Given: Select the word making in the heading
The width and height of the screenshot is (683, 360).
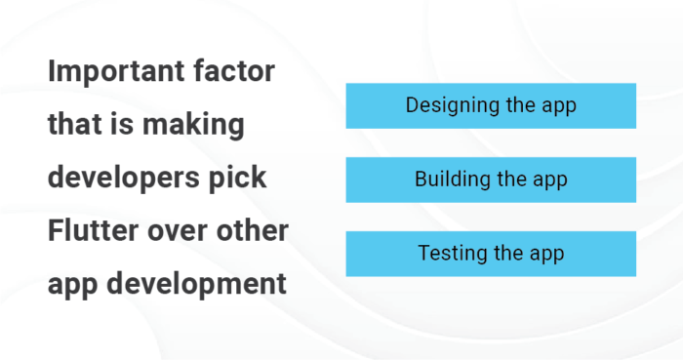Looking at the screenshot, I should pyautogui.click(x=188, y=125).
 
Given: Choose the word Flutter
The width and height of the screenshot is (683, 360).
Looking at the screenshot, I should pyautogui.click(x=91, y=232).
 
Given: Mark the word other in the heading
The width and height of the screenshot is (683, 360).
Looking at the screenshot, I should pyautogui.click(x=254, y=232).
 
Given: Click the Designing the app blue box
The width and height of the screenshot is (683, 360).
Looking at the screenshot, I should pyautogui.click(x=491, y=105).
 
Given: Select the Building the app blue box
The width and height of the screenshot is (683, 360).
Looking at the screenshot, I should pyautogui.click(x=491, y=180).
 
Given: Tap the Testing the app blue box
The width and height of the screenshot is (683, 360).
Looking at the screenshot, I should pyautogui.click(x=491, y=254).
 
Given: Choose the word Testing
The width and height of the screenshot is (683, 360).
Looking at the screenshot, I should pyautogui.click(x=452, y=255).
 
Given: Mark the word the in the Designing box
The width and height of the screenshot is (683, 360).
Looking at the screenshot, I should pyautogui.click(x=517, y=105).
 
